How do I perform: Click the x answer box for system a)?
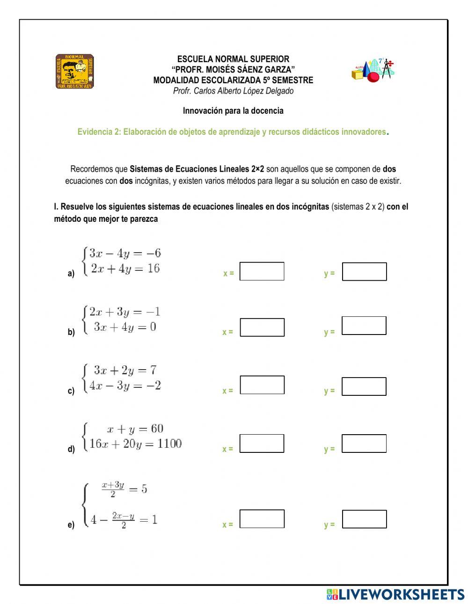262,271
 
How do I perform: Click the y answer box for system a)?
364,271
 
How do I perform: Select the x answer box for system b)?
262,327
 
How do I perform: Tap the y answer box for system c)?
364,386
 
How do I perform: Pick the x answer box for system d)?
262,443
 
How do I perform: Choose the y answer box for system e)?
364,519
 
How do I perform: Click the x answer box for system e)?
262,518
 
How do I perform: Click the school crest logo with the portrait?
75,72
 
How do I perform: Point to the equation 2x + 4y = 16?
125,269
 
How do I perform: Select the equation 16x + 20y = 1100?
135,444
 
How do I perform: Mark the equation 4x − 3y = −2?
125,386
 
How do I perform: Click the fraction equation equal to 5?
124,489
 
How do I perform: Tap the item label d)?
71,450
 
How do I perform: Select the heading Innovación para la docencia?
233,111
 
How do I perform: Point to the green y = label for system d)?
329,449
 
